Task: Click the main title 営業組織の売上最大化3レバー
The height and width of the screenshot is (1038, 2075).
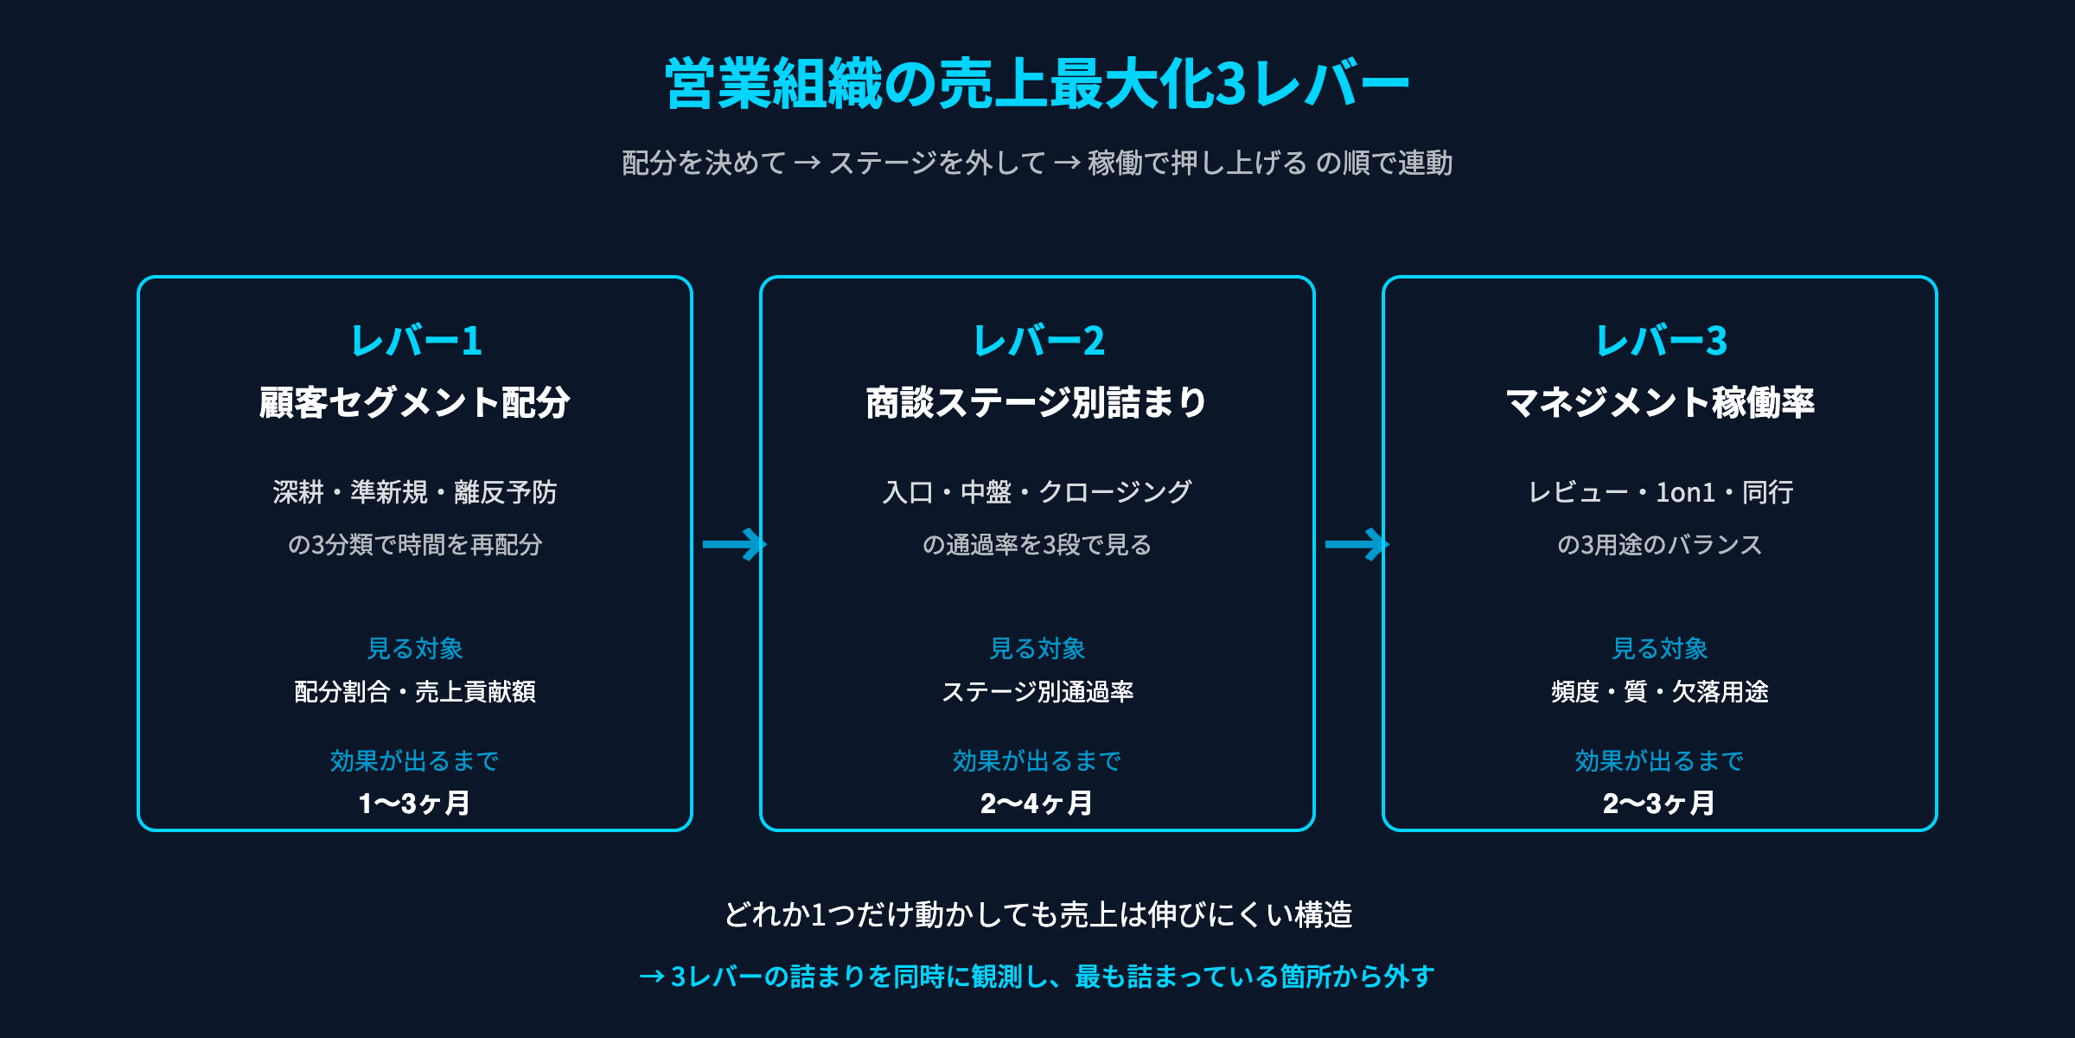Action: tap(1037, 84)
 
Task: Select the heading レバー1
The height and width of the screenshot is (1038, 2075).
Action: tap(416, 341)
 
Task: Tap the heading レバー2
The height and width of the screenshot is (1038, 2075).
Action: tap(1038, 341)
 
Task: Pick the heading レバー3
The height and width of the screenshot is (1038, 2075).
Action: tap(1661, 341)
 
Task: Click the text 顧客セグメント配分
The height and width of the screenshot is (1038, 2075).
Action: tap(415, 403)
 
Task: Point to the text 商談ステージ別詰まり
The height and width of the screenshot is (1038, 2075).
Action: tap(1037, 403)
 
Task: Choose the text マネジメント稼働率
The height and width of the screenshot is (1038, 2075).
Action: tap(1660, 403)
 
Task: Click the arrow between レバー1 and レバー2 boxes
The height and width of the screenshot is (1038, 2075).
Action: tap(734, 544)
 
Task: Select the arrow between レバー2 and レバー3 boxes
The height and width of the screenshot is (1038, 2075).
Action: tap(1357, 544)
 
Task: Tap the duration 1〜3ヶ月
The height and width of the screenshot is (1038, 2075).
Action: tap(415, 804)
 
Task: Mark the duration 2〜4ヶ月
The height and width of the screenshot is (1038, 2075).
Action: tap(1037, 804)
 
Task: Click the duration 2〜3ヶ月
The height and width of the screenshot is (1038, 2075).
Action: tap(1659, 804)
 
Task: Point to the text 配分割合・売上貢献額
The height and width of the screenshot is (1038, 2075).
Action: tap(415, 692)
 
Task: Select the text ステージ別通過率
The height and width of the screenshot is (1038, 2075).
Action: tap(1037, 692)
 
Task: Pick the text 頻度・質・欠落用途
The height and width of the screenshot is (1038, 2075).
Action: tap(1660, 692)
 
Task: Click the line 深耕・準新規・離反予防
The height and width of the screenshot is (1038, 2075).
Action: tap(415, 492)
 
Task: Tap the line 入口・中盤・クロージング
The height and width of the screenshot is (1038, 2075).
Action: tap(1037, 492)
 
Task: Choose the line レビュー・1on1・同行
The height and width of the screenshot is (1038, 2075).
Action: tap(1661, 492)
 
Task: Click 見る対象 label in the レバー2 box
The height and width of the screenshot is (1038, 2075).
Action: tap(1037, 648)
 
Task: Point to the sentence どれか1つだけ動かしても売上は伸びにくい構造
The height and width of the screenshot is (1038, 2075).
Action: tap(1037, 914)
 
